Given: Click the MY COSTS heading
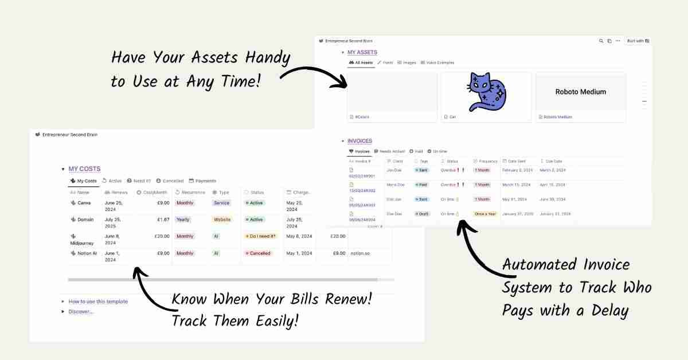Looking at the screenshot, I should coord(84,169).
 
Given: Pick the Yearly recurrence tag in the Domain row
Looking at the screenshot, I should coord(183,220).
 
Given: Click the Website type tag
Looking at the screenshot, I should coord(222,220).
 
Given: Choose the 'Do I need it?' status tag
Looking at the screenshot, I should coord(261,236).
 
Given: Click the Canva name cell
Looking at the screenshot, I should coord(84,203).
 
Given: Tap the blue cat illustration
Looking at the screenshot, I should coord(485,92).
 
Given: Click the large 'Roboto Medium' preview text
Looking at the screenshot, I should coord(580,92).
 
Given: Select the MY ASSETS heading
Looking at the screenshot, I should coord(362,52).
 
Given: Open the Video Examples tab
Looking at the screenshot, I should coord(440,62).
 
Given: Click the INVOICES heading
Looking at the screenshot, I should coord(359,141).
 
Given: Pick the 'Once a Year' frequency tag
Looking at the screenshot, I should coord(485,214).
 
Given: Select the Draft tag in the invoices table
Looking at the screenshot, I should coord(423,214).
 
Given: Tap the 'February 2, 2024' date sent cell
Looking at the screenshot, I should coord(518,170).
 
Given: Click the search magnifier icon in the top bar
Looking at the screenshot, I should coord(601,41).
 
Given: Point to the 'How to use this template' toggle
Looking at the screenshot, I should coord(98,302).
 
